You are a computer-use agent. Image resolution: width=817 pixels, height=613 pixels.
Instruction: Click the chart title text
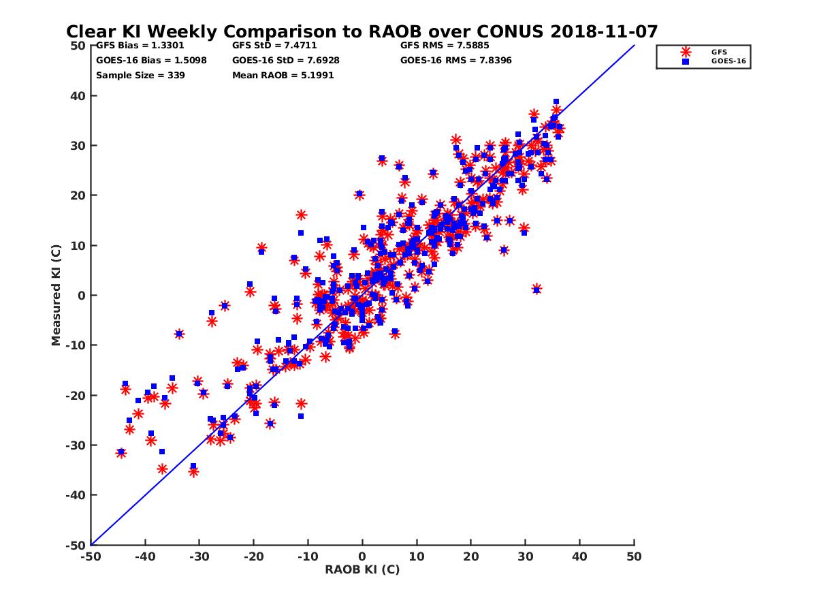tap(362, 31)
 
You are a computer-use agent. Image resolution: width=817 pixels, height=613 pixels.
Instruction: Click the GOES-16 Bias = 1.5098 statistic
tap(151, 60)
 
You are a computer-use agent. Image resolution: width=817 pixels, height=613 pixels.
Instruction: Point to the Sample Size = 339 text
tap(140, 75)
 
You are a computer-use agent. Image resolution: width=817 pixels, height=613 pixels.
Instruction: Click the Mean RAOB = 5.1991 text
tap(283, 75)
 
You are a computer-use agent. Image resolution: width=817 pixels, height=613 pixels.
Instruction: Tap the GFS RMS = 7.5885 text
tap(445, 46)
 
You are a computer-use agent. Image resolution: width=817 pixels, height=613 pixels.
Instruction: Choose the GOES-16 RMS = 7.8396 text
tap(455, 60)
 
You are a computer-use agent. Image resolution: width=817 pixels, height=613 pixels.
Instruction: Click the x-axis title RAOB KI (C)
tap(362, 569)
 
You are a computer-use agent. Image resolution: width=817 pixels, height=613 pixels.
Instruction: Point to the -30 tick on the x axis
tap(198, 556)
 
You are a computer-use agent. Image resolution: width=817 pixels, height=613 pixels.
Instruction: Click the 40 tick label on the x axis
tap(580, 556)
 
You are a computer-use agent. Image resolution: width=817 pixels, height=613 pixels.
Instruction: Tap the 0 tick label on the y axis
tap(81, 296)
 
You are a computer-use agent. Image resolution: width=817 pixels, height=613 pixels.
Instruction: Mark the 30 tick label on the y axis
tap(78, 146)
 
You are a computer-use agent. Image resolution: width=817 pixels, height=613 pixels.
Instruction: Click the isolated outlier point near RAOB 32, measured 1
tap(536, 289)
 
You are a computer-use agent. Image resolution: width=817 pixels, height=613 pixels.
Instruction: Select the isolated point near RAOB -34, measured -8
tap(179, 334)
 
